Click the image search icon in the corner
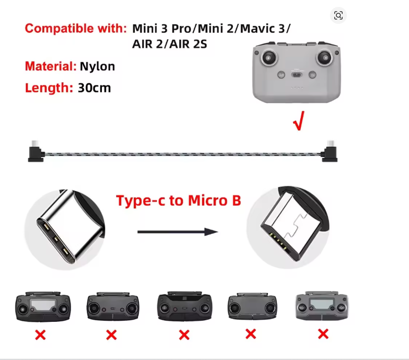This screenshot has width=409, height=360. coord(338,16)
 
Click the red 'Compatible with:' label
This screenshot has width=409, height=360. coord(76,28)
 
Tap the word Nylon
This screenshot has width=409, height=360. coord(97,66)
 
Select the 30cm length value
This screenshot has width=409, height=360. coord(94,88)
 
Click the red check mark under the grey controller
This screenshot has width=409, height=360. coord(299,121)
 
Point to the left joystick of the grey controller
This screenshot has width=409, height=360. coord(268,57)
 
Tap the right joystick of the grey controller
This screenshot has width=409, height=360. coord(324,57)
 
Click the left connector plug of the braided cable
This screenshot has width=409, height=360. coord(36,151)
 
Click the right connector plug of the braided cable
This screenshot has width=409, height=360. coord(329,151)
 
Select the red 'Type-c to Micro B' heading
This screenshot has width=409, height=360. coord(178,200)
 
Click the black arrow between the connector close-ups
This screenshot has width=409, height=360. coord(178,232)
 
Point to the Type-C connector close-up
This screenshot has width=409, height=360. coord(65,230)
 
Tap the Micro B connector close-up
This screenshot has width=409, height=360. coord(288,227)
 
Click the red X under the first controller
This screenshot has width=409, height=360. coord(40,335)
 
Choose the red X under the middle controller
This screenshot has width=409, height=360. coord(184,335)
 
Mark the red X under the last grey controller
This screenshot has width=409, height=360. coord(323,334)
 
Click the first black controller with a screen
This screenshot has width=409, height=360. coord(43,306)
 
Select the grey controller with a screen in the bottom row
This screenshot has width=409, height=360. coord(322,305)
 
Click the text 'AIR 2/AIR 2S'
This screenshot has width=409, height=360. coord(170,44)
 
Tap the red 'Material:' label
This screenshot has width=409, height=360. coord(50,66)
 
